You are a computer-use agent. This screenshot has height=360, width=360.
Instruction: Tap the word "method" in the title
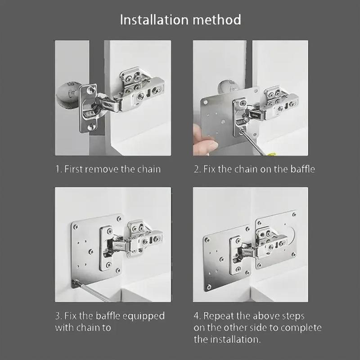217,19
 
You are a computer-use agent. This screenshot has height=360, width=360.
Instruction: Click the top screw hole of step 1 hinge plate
91,90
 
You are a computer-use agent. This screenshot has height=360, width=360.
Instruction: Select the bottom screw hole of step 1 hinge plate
92,126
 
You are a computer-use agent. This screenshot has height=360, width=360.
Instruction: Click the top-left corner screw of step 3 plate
75,227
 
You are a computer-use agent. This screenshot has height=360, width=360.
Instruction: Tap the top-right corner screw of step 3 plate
119,219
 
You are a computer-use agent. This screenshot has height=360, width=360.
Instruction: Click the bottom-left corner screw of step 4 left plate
209,287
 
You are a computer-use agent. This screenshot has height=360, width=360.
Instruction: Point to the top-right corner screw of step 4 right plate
294,215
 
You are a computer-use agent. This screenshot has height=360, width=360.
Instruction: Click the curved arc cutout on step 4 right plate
293,235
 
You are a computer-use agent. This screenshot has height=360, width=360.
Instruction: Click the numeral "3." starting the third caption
58,316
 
